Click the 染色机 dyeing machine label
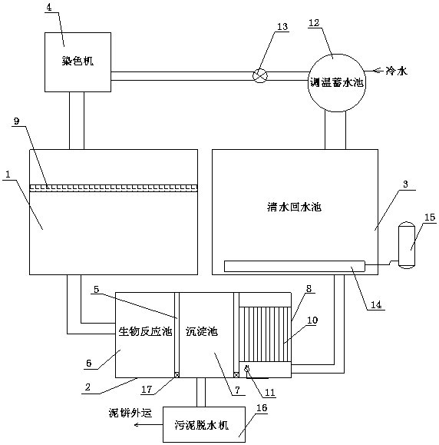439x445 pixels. [78, 61]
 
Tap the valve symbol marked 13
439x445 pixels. [260, 76]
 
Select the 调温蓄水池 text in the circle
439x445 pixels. [336, 82]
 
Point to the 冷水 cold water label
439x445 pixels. [396, 71]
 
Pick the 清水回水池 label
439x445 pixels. [295, 207]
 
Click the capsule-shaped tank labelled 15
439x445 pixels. [407, 244]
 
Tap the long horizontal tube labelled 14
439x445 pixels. [295, 266]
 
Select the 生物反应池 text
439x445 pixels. [145, 331]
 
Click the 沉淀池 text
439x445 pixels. [202, 331]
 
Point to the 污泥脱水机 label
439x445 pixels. [202, 426]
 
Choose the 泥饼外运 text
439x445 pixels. [130, 413]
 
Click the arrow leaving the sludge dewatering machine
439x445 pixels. [148, 425]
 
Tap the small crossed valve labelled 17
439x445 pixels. [177, 375]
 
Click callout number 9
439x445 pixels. [17, 121]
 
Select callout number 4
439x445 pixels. [49, 8]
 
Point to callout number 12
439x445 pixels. [314, 23]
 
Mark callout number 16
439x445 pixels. [262, 408]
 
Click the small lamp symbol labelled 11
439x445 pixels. [247, 369]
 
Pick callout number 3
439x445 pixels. [405, 184]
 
